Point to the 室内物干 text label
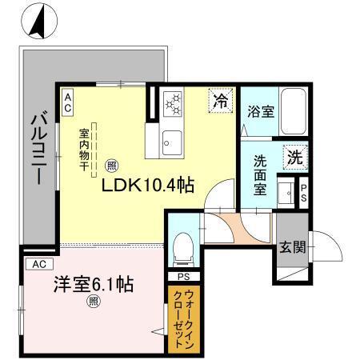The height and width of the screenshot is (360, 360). pyautogui.click(x=83, y=147)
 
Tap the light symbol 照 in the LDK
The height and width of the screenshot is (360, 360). pyautogui.click(x=111, y=166)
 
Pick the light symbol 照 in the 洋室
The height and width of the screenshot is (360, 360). pyautogui.click(x=94, y=302)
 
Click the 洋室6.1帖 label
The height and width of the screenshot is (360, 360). pyautogui.click(x=86, y=284)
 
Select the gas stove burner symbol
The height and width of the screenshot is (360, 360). pyautogui.click(x=174, y=103)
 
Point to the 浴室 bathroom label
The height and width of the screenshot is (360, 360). pyautogui.click(x=260, y=112)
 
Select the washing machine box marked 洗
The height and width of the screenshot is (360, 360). pyautogui.click(x=295, y=158)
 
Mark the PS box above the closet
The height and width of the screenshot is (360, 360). pyautogui.click(x=183, y=277)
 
